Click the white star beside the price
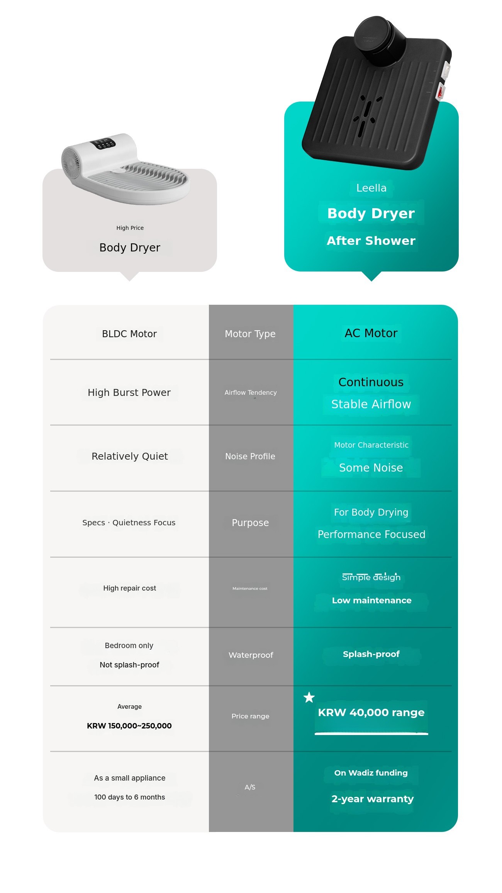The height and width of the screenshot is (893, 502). point(309,698)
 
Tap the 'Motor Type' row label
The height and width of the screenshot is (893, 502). point(250,334)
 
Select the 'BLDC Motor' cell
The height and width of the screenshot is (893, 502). point(129,334)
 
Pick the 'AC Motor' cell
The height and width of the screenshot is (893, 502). point(371,333)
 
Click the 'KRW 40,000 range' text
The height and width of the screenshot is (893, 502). point(371,712)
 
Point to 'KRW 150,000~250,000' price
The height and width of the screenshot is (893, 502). point(129,726)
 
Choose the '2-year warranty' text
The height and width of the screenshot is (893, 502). point(372,799)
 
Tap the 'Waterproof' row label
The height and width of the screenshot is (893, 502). point(251,655)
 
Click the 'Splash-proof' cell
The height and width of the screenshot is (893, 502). point(371,654)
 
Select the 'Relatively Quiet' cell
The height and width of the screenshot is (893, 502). point(130,456)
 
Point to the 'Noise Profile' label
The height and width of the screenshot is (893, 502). point(250,456)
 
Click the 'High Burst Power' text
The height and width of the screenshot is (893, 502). point(129,392)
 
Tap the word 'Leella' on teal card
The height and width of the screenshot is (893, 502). point(371,188)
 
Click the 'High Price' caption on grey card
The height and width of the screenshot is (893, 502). point(130,228)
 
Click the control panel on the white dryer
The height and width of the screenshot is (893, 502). point(103,144)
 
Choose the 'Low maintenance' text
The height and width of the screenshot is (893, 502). point(371,600)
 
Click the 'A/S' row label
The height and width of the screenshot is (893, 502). point(250,787)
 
